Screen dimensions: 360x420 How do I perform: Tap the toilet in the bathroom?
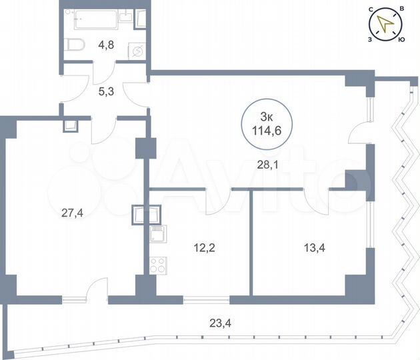77,45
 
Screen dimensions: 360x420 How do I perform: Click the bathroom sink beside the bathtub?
141,19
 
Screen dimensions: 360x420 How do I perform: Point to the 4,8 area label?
107,47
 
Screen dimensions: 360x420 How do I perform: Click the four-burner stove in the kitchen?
158,264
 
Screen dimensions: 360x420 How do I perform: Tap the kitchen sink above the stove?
158,235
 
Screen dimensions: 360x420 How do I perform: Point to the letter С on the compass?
370,9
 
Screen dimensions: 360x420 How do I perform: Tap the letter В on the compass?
401,9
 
